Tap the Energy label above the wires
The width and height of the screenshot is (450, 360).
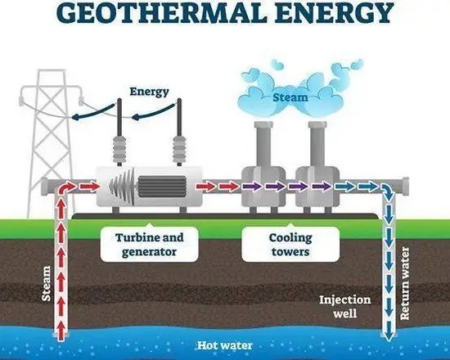[x=149, y=92]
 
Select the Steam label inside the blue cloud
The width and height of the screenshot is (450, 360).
[x=290, y=97]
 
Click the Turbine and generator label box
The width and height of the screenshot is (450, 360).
[x=149, y=245]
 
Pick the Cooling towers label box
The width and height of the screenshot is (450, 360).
[x=290, y=245]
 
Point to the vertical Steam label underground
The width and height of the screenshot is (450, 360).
[x=46, y=284]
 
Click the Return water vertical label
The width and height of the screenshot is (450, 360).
[x=404, y=284]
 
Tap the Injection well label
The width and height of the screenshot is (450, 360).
[x=345, y=306]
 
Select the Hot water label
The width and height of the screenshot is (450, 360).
[x=225, y=345]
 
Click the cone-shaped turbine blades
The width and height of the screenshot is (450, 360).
[x=122, y=187]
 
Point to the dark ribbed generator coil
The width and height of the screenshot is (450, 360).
[x=162, y=187]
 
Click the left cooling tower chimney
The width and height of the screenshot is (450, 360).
[x=263, y=143]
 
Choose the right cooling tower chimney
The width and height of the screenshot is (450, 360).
[x=317, y=143]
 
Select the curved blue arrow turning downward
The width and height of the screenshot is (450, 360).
[x=388, y=191]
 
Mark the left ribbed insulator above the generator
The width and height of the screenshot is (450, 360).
[x=119, y=149]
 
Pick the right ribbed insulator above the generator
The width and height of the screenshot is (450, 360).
[x=179, y=149]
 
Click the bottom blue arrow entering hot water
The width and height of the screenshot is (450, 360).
[x=389, y=331]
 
